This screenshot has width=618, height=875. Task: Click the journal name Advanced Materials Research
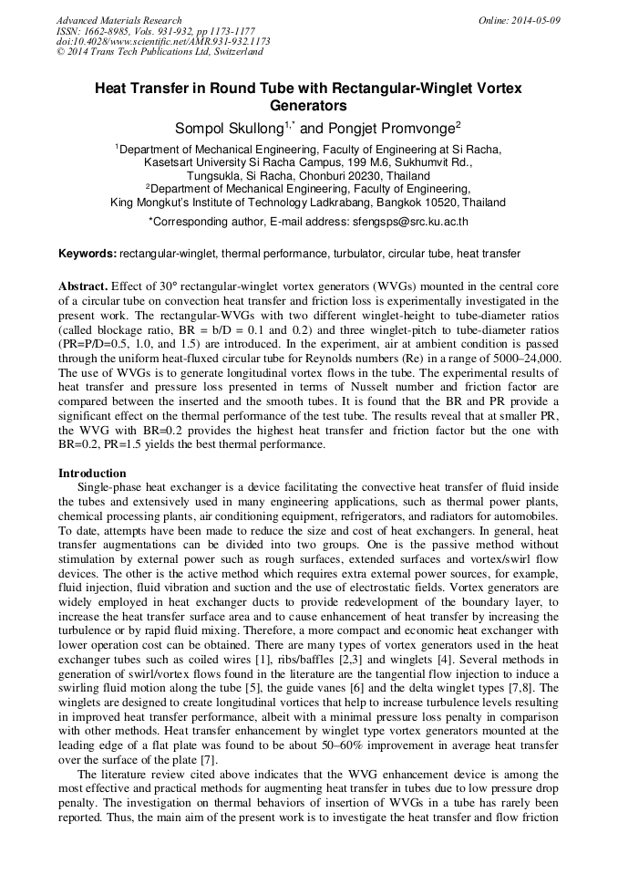pyautogui.click(x=118, y=20)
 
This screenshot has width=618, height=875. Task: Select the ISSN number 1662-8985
pyautogui.click(x=101, y=31)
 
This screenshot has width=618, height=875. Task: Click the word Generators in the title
pyautogui.click(x=309, y=106)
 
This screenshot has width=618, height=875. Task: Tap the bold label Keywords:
pyautogui.click(x=88, y=253)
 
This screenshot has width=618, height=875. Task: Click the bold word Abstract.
pyautogui.click(x=84, y=286)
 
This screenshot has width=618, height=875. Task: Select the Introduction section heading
pyautogui.click(x=92, y=474)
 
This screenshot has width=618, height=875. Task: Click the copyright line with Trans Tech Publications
pyautogui.click(x=160, y=53)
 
